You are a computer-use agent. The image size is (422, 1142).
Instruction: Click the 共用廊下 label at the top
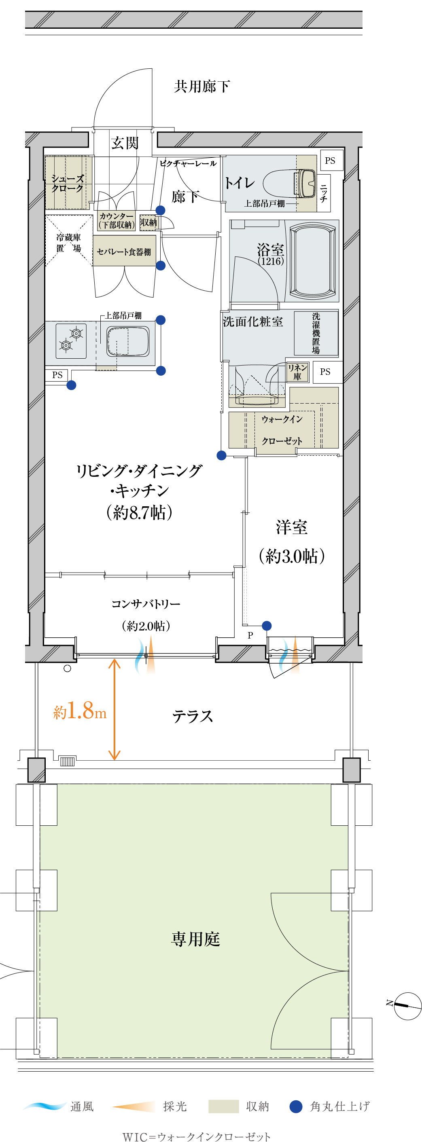click(202, 86)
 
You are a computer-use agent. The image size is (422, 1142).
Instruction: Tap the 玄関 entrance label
click(125, 143)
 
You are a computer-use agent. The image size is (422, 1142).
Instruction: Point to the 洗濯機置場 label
click(316, 333)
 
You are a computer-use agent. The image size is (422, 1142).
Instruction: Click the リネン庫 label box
click(297, 372)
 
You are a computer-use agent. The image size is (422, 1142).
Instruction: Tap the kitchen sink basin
click(128, 341)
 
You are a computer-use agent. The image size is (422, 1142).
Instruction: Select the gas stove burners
click(71, 340)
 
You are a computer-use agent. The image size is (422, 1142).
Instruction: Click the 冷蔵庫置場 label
click(68, 243)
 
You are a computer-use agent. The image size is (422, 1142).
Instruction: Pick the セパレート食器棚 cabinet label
click(124, 252)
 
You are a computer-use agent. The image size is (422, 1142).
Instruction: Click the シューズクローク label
click(68, 183)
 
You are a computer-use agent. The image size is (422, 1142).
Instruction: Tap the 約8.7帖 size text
click(139, 512)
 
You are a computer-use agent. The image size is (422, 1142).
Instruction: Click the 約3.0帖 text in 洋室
click(292, 556)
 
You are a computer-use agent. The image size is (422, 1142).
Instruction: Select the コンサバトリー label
click(146, 604)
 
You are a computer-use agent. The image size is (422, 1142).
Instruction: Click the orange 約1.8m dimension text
click(80, 711)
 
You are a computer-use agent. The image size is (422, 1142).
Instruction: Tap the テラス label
click(193, 716)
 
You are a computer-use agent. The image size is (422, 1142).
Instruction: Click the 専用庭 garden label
click(196, 939)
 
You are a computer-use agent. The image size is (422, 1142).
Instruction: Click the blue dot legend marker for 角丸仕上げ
click(296, 1106)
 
